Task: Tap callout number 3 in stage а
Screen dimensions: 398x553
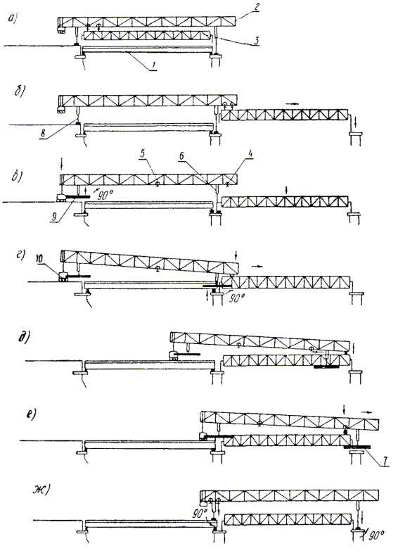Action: (257, 41)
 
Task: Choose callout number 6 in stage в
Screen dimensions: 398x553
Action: (182, 156)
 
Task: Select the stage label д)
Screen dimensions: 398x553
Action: (23, 338)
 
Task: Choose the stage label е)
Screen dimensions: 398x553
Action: (32, 414)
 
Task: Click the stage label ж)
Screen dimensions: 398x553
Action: (41, 490)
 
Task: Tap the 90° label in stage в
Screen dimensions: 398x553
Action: (103, 196)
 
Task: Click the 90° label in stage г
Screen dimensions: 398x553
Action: (236, 298)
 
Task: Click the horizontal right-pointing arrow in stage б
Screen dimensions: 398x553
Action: (293, 103)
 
